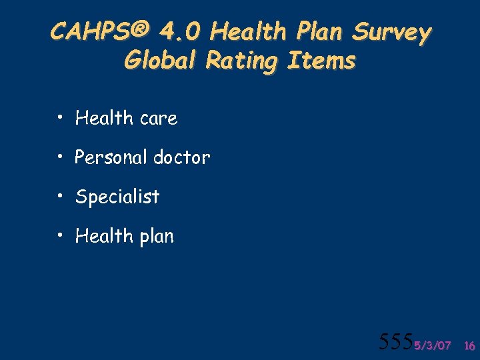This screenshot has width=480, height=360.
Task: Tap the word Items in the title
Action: click(321, 61)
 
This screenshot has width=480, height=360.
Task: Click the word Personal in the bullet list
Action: click(111, 158)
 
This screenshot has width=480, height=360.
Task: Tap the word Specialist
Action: click(117, 197)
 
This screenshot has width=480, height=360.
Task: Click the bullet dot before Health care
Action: click(60, 119)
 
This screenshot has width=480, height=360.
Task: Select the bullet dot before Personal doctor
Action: click(60, 158)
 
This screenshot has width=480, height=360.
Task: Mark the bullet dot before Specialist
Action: click(60, 197)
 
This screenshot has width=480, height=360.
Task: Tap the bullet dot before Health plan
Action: click(60, 236)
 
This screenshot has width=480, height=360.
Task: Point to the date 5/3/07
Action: click(432, 345)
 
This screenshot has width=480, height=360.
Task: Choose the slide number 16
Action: click(469, 345)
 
